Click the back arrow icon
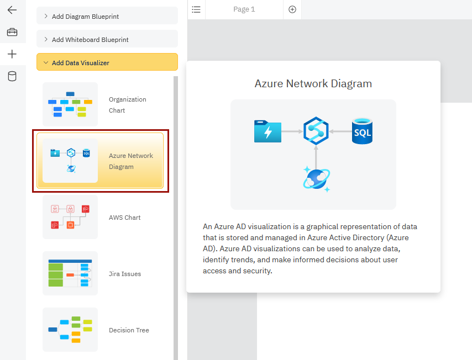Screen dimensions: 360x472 (12, 10)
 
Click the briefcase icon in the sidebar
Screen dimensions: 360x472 (12, 32)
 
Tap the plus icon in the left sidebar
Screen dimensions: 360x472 (12, 54)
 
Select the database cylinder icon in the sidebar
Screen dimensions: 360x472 (12, 76)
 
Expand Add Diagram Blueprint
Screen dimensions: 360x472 (107, 17)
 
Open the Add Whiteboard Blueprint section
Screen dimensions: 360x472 (107, 40)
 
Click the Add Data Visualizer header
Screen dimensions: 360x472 (107, 63)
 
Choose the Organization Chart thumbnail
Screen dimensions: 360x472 (70, 104)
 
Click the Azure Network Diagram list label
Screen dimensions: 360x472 (131, 161)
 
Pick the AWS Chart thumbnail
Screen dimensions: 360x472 (70, 217)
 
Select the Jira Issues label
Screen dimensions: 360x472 (125, 274)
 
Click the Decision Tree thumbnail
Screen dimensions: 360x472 (70, 330)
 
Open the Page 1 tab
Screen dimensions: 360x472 (244, 9)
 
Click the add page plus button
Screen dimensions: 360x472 (292, 9)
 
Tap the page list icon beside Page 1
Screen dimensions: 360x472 (196, 9)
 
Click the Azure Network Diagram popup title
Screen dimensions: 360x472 (313, 84)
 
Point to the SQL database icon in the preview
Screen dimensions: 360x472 (362, 131)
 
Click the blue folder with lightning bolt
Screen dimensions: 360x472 (268, 131)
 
